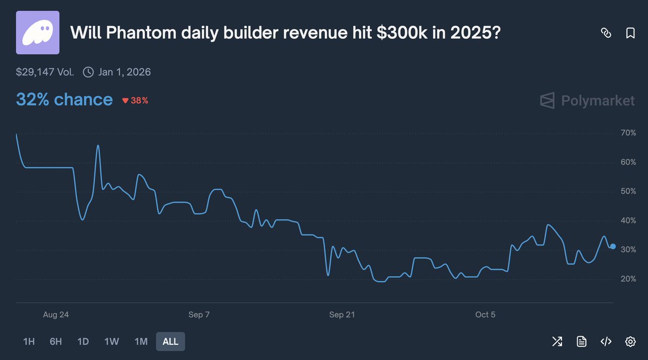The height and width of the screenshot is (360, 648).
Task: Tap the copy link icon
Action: (x=606, y=33)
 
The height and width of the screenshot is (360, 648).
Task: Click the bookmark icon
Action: (x=630, y=33)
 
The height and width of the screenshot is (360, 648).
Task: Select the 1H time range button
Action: (x=29, y=342)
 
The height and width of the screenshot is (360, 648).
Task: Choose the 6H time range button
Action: (x=56, y=342)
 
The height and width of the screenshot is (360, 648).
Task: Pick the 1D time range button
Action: (x=83, y=342)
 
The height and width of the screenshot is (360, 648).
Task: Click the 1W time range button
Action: (x=111, y=342)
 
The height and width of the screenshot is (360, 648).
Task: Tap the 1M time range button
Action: (x=141, y=342)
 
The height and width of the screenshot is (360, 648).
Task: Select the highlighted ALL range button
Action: (x=170, y=342)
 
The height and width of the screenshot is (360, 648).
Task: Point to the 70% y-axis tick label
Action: (x=628, y=133)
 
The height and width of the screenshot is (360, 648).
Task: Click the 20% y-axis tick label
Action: (x=628, y=279)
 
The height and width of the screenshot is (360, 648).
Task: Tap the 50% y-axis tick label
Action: (x=628, y=191)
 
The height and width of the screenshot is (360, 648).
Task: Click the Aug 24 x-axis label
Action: (x=56, y=315)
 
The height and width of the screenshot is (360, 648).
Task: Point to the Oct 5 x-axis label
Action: (x=485, y=315)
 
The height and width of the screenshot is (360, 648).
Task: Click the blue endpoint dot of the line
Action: (x=612, y=246)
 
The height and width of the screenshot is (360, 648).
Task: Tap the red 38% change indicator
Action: (x=135, y=101)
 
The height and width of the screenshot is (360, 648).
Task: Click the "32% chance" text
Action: (x=64, y=99)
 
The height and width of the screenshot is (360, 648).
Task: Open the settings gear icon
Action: (x=630, y=341)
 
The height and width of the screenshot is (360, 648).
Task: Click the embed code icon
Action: (x=606, y=341)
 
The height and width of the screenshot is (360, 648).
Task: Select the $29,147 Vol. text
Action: (x=45, y=72)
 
